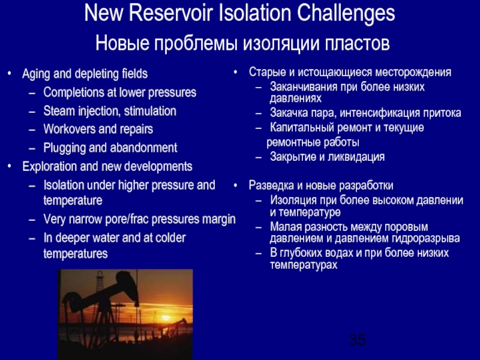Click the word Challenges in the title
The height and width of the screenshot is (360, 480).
point(340,14)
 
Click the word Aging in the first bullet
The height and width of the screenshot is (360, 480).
point(35,74)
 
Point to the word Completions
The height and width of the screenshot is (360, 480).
point(73,93)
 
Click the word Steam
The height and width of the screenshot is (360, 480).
point(58,111)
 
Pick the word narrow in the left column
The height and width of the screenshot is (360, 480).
point(87,220)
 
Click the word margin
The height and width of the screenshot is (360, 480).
point(218,220)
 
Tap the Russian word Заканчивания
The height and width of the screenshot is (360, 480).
point(304,87)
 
